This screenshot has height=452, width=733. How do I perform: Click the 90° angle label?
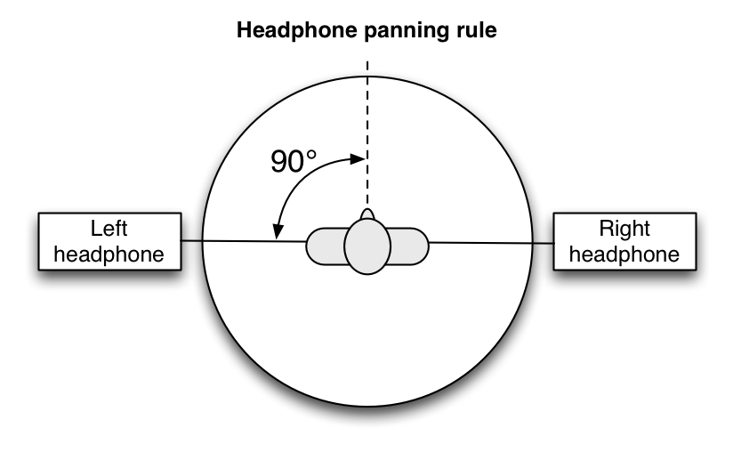(x=294, y=162)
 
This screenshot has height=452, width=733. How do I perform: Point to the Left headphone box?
(x=109, y=241)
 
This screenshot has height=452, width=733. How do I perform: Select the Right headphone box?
(x=624, y=241)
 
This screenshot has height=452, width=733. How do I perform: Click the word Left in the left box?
(x=109, y=229)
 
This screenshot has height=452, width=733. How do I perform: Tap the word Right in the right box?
(x=624, y=229)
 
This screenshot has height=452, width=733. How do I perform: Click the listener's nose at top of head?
(x=367, y=214)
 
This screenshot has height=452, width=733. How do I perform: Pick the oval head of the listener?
(x=367, y=246)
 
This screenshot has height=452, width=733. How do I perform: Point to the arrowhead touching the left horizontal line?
(x=278, y=233)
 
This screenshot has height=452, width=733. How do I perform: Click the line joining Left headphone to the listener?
(x=240, y=242)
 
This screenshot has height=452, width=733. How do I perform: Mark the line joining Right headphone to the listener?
(x=489, y=243)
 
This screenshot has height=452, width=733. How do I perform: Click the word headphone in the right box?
(x=624, y=254)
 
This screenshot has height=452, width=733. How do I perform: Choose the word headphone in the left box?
(x=109, y=254)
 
